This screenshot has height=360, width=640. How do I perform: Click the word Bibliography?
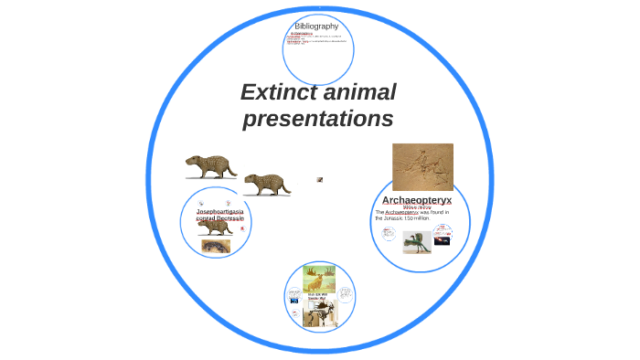point(317,26)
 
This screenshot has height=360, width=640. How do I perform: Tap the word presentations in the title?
point(317,120)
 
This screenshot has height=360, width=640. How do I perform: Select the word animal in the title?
point(363,92)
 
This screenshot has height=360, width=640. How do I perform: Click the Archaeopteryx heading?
point(417,199)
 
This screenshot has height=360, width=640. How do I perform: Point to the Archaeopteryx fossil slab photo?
point(422,166)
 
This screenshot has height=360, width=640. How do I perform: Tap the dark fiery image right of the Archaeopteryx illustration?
point(442,240)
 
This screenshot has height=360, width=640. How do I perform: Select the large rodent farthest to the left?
point(210,167)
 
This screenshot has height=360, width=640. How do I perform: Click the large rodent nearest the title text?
point(266,185)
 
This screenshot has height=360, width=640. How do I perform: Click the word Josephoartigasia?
point(219,212)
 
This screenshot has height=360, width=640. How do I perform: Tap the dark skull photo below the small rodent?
point(216,246)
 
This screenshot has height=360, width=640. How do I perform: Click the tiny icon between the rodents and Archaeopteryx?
point(320,180)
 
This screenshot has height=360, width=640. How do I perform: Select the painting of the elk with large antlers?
point(319,280)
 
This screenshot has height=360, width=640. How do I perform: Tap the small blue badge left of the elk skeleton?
point(294,300)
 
